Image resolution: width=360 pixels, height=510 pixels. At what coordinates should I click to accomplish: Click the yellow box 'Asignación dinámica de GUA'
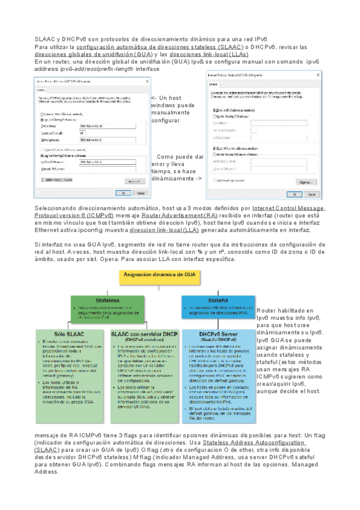pos(150,275)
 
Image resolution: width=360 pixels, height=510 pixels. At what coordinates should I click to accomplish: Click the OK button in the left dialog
pos(123,193)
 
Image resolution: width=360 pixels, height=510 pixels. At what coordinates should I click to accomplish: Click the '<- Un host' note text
pos(166,98)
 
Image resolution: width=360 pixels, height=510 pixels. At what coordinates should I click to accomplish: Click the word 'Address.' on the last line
pos(46,472)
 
